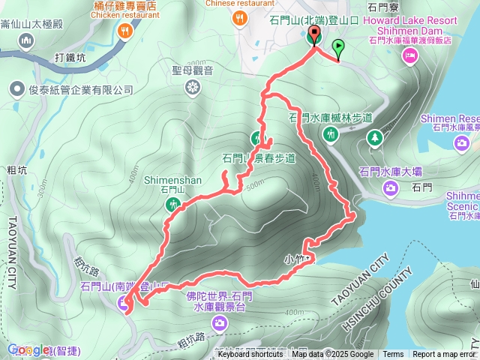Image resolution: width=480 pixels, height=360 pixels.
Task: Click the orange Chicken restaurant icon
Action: [x=124, y=31]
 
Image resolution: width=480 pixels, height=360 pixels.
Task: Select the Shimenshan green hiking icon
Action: [x=174, y=204]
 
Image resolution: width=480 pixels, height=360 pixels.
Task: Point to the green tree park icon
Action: [x=373, y=138]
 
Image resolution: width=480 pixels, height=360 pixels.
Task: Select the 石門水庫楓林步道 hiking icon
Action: [x=331, y=134]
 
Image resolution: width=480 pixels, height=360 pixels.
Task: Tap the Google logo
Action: [x=28, y=349]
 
